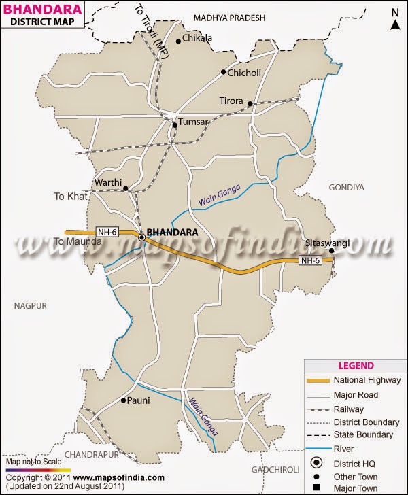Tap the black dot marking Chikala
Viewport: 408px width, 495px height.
click(x=178, y=41)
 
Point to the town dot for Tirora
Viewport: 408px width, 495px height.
click(x=250, y=104)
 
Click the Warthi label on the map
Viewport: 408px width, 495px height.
click(x=108, y=182)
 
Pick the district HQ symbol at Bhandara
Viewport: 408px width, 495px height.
click(x=142, y=237)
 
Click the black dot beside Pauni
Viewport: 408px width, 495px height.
click(x=124, y=400)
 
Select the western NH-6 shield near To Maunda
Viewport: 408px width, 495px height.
click(x=107, y=232)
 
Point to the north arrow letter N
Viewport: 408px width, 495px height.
click(x=394, y=12)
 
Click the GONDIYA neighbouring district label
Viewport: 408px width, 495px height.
click(x=347, y=186)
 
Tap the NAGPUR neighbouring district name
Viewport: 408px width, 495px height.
click(x=30, y=307)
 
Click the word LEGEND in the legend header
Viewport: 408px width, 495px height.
click(x=354, y=364)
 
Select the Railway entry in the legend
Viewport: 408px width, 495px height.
click(x=348, y=409)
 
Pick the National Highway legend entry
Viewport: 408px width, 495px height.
click(x=367, y=380)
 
